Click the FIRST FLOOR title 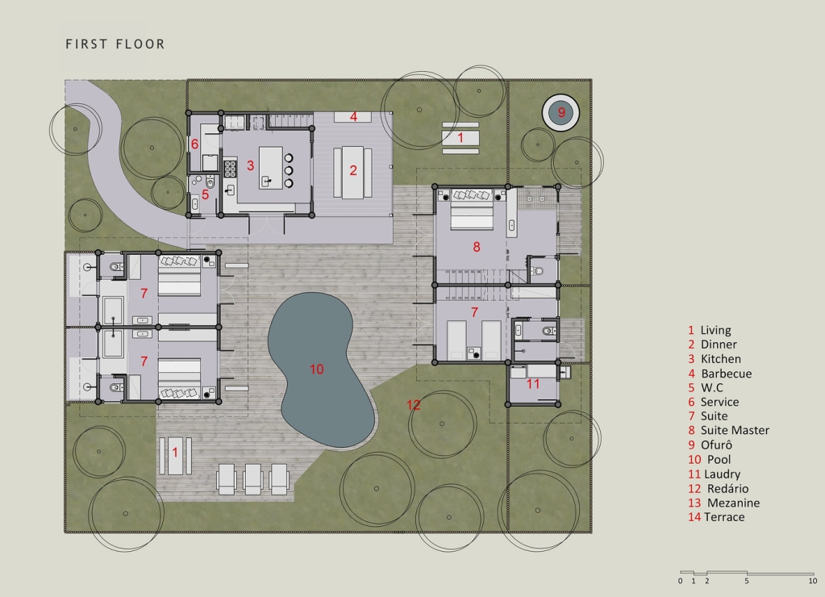[x=115, y=44]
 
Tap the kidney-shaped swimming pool [x=319, y=369]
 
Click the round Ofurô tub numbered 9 [x=560, y=113]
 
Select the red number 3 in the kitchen [x=251, y=166]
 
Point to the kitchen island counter [x=271, y=168]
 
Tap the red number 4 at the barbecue [x=353, y=116]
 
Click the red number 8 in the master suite [x=477, y=247]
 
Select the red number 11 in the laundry [x=533, y=384]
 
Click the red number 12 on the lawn [x=414, y=405]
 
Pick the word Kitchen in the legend [x=721, y=359]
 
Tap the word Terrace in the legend [x=724, y=517]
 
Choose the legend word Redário [x=727, y=489]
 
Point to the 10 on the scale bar [x=812, y=581]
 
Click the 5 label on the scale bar [x=747, y=581]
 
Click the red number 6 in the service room [x=194, y=144]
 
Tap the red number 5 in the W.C [x=205, y=194]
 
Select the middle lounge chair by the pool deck [x=253, y=479]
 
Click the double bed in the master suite [x=472, y=210]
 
